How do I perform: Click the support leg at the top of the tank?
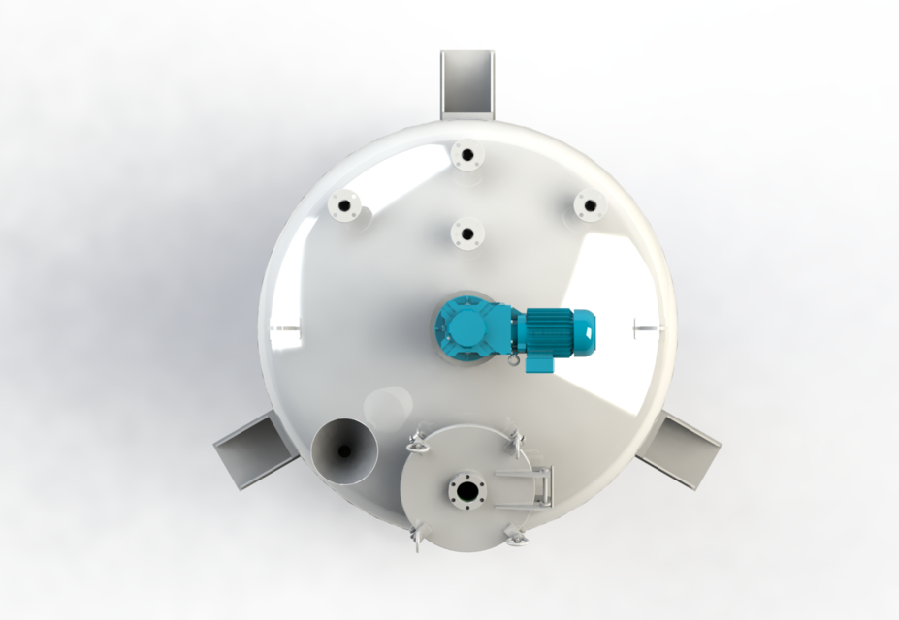(x=466, y=83)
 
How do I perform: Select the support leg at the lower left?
(x=248, y=451)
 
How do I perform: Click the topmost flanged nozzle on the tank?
(x=466, y=154)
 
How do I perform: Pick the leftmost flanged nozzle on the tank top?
(x=343, y=205)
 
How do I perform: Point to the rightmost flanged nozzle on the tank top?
(x=589, y=205)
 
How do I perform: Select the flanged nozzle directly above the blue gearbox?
(x=467, y=233)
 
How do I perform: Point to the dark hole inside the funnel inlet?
(x=344, y=449)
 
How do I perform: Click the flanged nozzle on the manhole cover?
(x=466, y=489)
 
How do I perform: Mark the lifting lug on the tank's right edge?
(x=642, y=327)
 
